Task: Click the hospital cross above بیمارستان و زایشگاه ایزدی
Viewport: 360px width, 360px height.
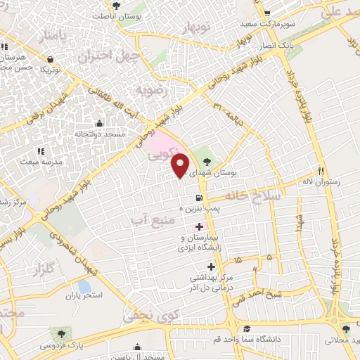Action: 200,227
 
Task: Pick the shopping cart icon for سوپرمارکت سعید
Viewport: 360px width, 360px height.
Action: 266,13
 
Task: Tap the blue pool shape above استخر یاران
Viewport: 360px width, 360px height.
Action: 85,287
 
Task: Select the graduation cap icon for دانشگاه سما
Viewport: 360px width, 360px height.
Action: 246,329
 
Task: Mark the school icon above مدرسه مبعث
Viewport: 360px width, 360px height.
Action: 40,150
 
